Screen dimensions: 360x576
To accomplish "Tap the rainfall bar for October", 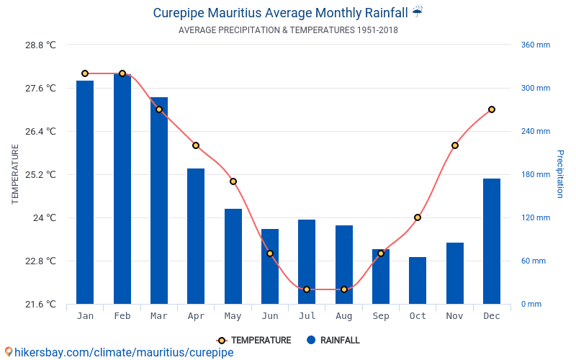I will [418, 280].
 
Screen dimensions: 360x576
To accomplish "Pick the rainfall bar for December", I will [492, 241].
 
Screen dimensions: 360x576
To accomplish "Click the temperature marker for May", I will [233, 181].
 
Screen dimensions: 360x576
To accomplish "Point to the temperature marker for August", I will [344, 289].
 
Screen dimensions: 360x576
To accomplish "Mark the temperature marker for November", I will [455, 145].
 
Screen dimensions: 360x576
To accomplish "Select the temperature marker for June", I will [270, 253].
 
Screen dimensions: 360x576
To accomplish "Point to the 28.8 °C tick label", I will [41, 45].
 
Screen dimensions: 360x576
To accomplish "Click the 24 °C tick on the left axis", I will [45, 217].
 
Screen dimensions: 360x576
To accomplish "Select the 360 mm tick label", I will [536, 45].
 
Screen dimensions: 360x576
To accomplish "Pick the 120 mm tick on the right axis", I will [536, 217].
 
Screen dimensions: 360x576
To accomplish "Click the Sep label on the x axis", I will [381, 316].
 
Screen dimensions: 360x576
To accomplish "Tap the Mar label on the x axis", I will [159, 316].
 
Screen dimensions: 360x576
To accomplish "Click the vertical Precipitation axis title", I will [560, 174].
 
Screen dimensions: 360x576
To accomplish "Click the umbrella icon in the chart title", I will [418, 12].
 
